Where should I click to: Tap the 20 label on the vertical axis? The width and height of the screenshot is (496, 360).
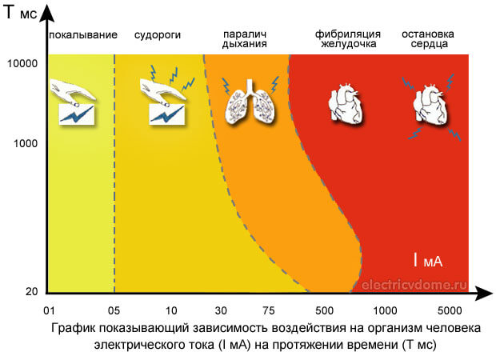[x=32, y=291]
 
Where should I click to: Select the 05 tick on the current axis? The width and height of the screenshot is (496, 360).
[x=114, y=309]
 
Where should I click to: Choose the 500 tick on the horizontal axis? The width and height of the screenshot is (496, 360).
[x=325, y=309]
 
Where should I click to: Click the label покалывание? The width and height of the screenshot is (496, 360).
[x=83, y=35]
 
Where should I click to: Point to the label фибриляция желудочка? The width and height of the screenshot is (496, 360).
[x=346, y=40]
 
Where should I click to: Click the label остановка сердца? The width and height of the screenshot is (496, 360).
[x=428, y=40]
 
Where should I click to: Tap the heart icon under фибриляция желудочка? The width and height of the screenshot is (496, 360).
[x=346, y=104]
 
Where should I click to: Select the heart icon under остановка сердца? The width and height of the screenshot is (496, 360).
[x=430, y=104]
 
